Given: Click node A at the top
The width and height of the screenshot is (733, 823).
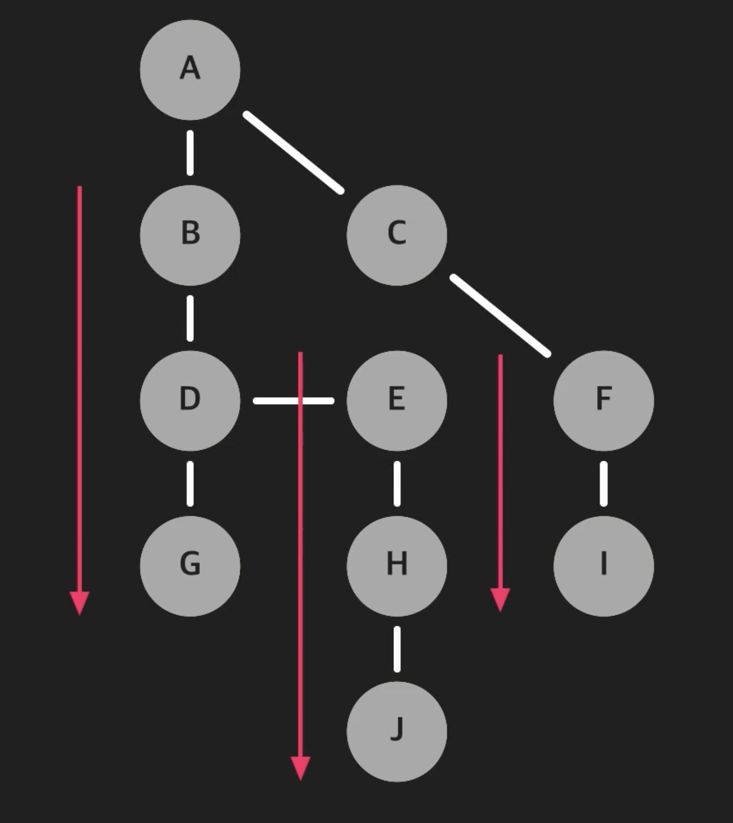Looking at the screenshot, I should point(190,70).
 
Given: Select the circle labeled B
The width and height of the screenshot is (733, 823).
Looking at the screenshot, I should point(190,235).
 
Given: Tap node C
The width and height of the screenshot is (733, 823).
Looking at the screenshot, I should point(396,235).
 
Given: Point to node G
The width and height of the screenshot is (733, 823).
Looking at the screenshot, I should point(190,565).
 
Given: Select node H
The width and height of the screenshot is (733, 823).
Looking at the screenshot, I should point(396,565).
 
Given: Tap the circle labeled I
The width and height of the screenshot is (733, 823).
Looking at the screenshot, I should point(603,565).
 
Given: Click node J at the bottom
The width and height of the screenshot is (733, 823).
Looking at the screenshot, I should point(396,731).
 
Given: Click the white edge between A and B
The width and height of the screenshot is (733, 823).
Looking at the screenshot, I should point(190,152).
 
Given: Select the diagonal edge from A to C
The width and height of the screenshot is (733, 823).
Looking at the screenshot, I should point(294,152).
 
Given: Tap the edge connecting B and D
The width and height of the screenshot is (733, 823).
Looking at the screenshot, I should point(190,318).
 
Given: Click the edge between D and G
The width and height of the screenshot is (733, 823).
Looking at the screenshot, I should point(190,483).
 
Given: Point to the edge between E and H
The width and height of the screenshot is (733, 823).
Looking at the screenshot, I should point(397,483).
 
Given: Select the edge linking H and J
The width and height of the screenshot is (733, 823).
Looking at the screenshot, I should point(397,649).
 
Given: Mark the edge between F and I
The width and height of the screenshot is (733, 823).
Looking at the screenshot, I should point(603,483).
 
